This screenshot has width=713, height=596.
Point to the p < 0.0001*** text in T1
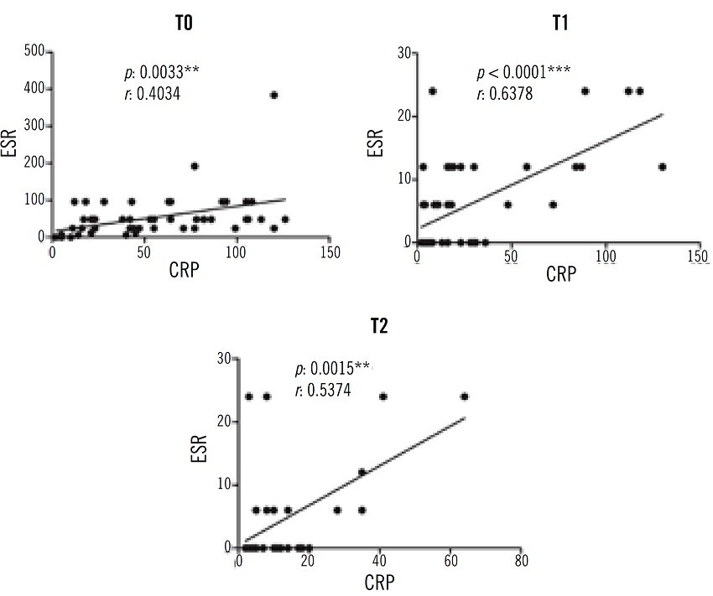(523, 70)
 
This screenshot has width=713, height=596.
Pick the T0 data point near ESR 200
(195, 166)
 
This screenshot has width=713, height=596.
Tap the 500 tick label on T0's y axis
(33, 51)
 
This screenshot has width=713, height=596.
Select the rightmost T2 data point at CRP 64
(465, 396)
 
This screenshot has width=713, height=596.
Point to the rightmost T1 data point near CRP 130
(663, 166)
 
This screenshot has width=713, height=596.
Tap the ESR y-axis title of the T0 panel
(12, 144)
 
